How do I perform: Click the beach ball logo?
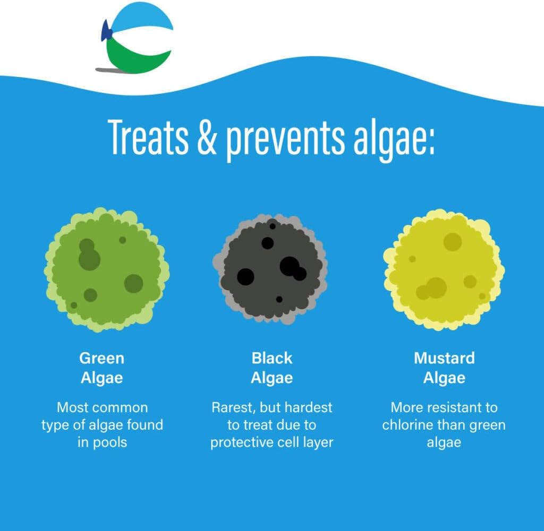coord(137,37)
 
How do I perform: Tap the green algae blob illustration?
coord(106,269)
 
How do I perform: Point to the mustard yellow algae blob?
coord(444,269)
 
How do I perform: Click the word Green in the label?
coord(101,358)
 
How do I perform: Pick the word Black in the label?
coord(272,358)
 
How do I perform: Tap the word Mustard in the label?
coord(444,358)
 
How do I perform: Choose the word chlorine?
coord(411,425)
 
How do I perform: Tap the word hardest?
coord(308,407)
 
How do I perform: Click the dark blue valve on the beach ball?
coord(106,32)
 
